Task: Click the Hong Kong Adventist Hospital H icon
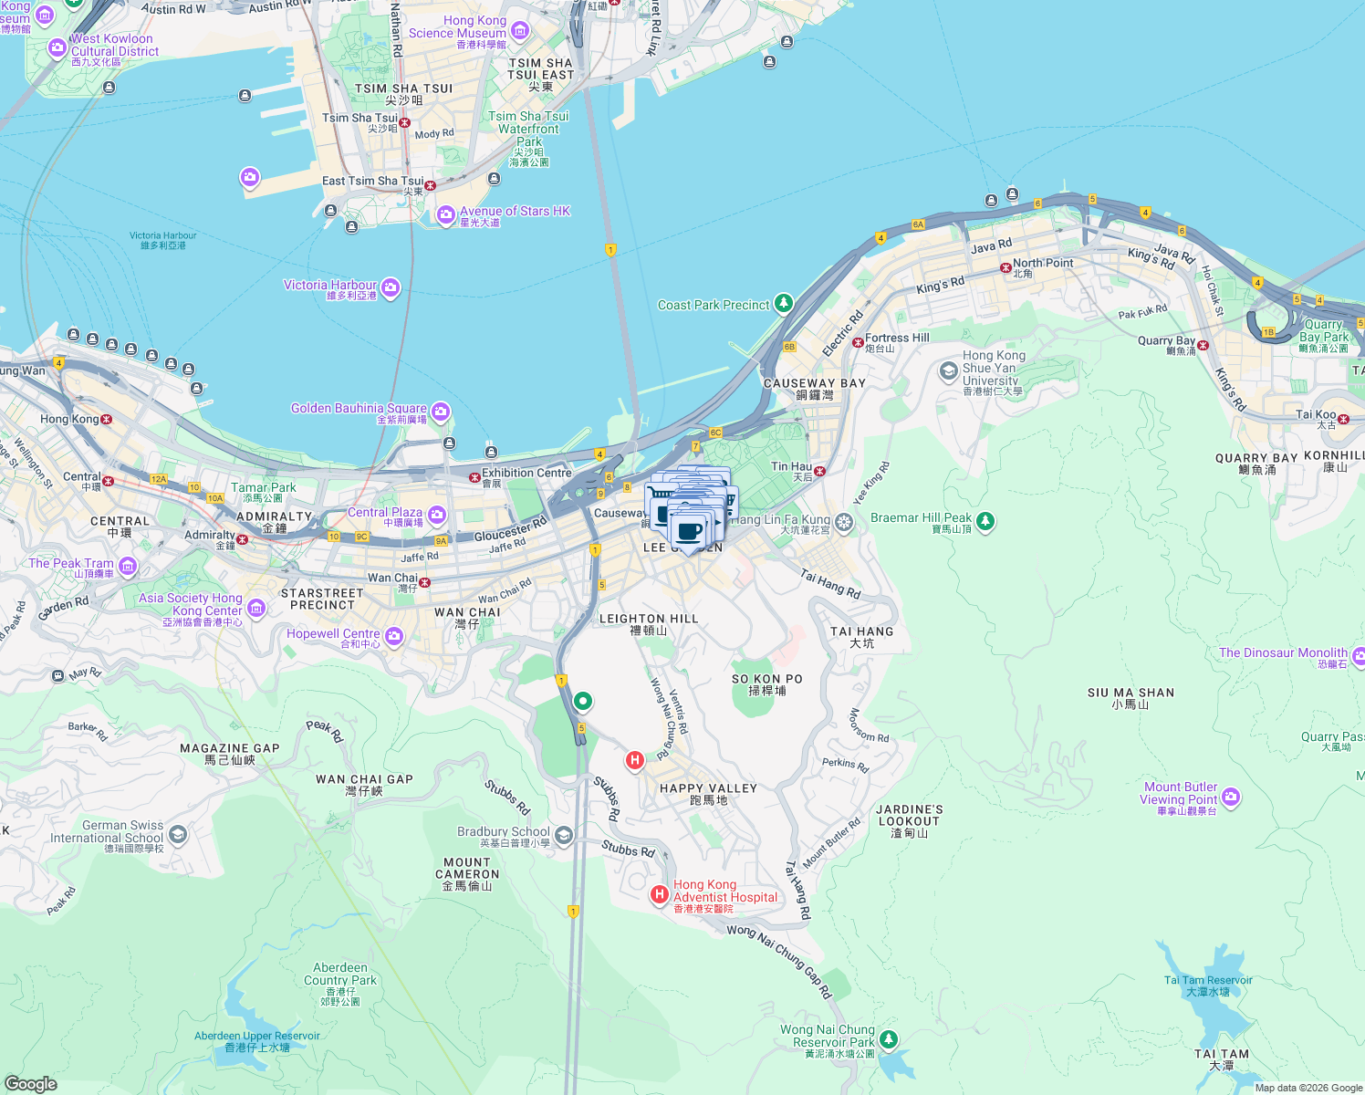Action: (x=659, y=895)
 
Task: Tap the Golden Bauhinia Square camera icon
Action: (x=441, y=412)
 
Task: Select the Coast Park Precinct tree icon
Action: (x=783, y=304)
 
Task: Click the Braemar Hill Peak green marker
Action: (x=985, y=521)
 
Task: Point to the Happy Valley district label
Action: (x=708, y=794)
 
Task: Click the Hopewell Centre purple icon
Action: (x=394, y=637)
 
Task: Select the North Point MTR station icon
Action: (x=1006, y=267)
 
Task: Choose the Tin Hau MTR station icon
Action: (x=819, y=471)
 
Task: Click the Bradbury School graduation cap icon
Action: (x=564, y=835)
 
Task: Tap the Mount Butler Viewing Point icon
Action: (x=1231, y=798)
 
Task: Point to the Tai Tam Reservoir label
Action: (x=1208, y=985)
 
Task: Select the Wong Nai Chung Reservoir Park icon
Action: (x=889, y=1039)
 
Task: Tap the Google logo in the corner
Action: (x=30, y=1083)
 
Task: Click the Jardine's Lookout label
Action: (x=910, y=820)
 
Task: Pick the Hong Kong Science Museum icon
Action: (x=520, y=33)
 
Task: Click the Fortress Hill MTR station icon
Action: (x=858, y=342)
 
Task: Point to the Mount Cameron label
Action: (x=467, y=873)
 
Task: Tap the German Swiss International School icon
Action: (x=178, y=834)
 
